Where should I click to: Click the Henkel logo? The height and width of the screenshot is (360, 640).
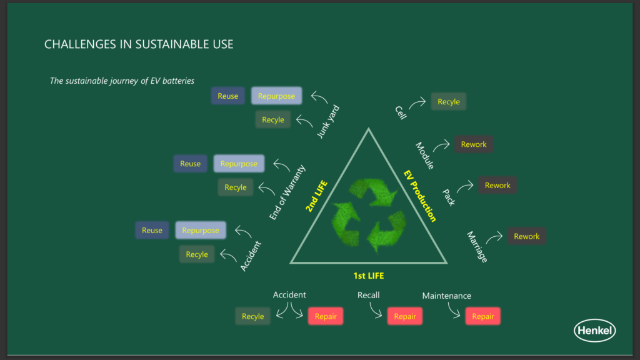coord(595,330)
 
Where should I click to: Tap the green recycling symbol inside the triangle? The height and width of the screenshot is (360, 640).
coord(369,214)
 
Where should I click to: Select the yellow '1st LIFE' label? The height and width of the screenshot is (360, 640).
coord(369,276)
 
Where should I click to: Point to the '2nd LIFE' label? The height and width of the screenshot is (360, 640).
coord(316,196)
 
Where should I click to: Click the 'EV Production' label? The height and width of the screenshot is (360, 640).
coord(420,196)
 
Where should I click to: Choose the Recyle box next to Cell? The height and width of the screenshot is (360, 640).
coord(449,102)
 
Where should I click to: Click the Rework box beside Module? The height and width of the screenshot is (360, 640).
coord(474,144)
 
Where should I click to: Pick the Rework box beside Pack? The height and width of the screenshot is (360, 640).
coord(497,185)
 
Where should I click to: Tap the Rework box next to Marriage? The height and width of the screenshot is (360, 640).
coord(526,236)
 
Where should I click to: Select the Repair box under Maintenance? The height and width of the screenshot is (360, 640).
coord(483,316)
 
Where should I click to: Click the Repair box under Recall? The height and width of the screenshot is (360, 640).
coord(405,316)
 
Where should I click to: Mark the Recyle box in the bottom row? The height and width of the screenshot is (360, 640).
coord(252,316)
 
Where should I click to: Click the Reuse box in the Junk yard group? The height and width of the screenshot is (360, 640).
coord(227,96)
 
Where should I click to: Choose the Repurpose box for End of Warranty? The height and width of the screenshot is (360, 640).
coord(239,164)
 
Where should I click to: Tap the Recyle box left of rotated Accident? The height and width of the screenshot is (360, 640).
coord(197,254)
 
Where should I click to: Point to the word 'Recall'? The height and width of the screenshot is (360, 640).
coord(368,295)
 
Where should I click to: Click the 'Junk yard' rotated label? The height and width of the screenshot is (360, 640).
coord(327,122)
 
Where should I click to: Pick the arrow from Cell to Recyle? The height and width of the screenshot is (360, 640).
coord(417,103)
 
